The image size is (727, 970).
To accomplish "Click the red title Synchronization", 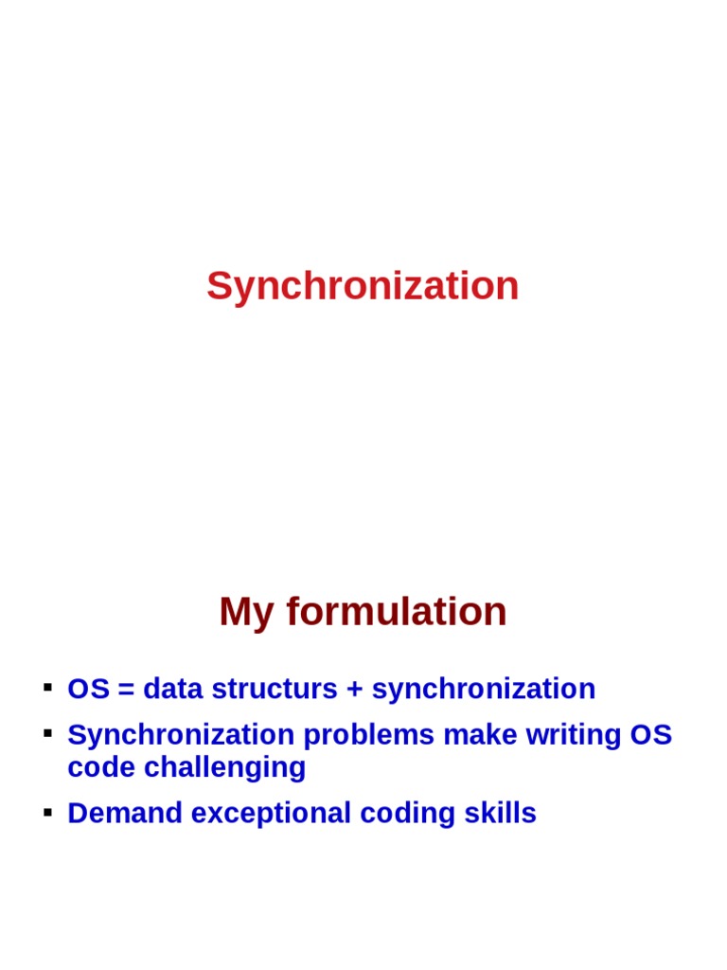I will (363, 286).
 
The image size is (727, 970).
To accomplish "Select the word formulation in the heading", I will (397, 612).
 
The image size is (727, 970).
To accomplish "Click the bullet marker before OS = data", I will (45, 686).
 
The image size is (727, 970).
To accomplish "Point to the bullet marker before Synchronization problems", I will (45, 732).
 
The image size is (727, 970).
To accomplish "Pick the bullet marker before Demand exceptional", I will (45, 811).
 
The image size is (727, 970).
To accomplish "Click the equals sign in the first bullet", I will (125, 690).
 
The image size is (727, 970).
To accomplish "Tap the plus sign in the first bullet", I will (354, 690).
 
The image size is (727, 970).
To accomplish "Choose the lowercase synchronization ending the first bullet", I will (483, 690).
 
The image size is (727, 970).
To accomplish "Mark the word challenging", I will (224, 767).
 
